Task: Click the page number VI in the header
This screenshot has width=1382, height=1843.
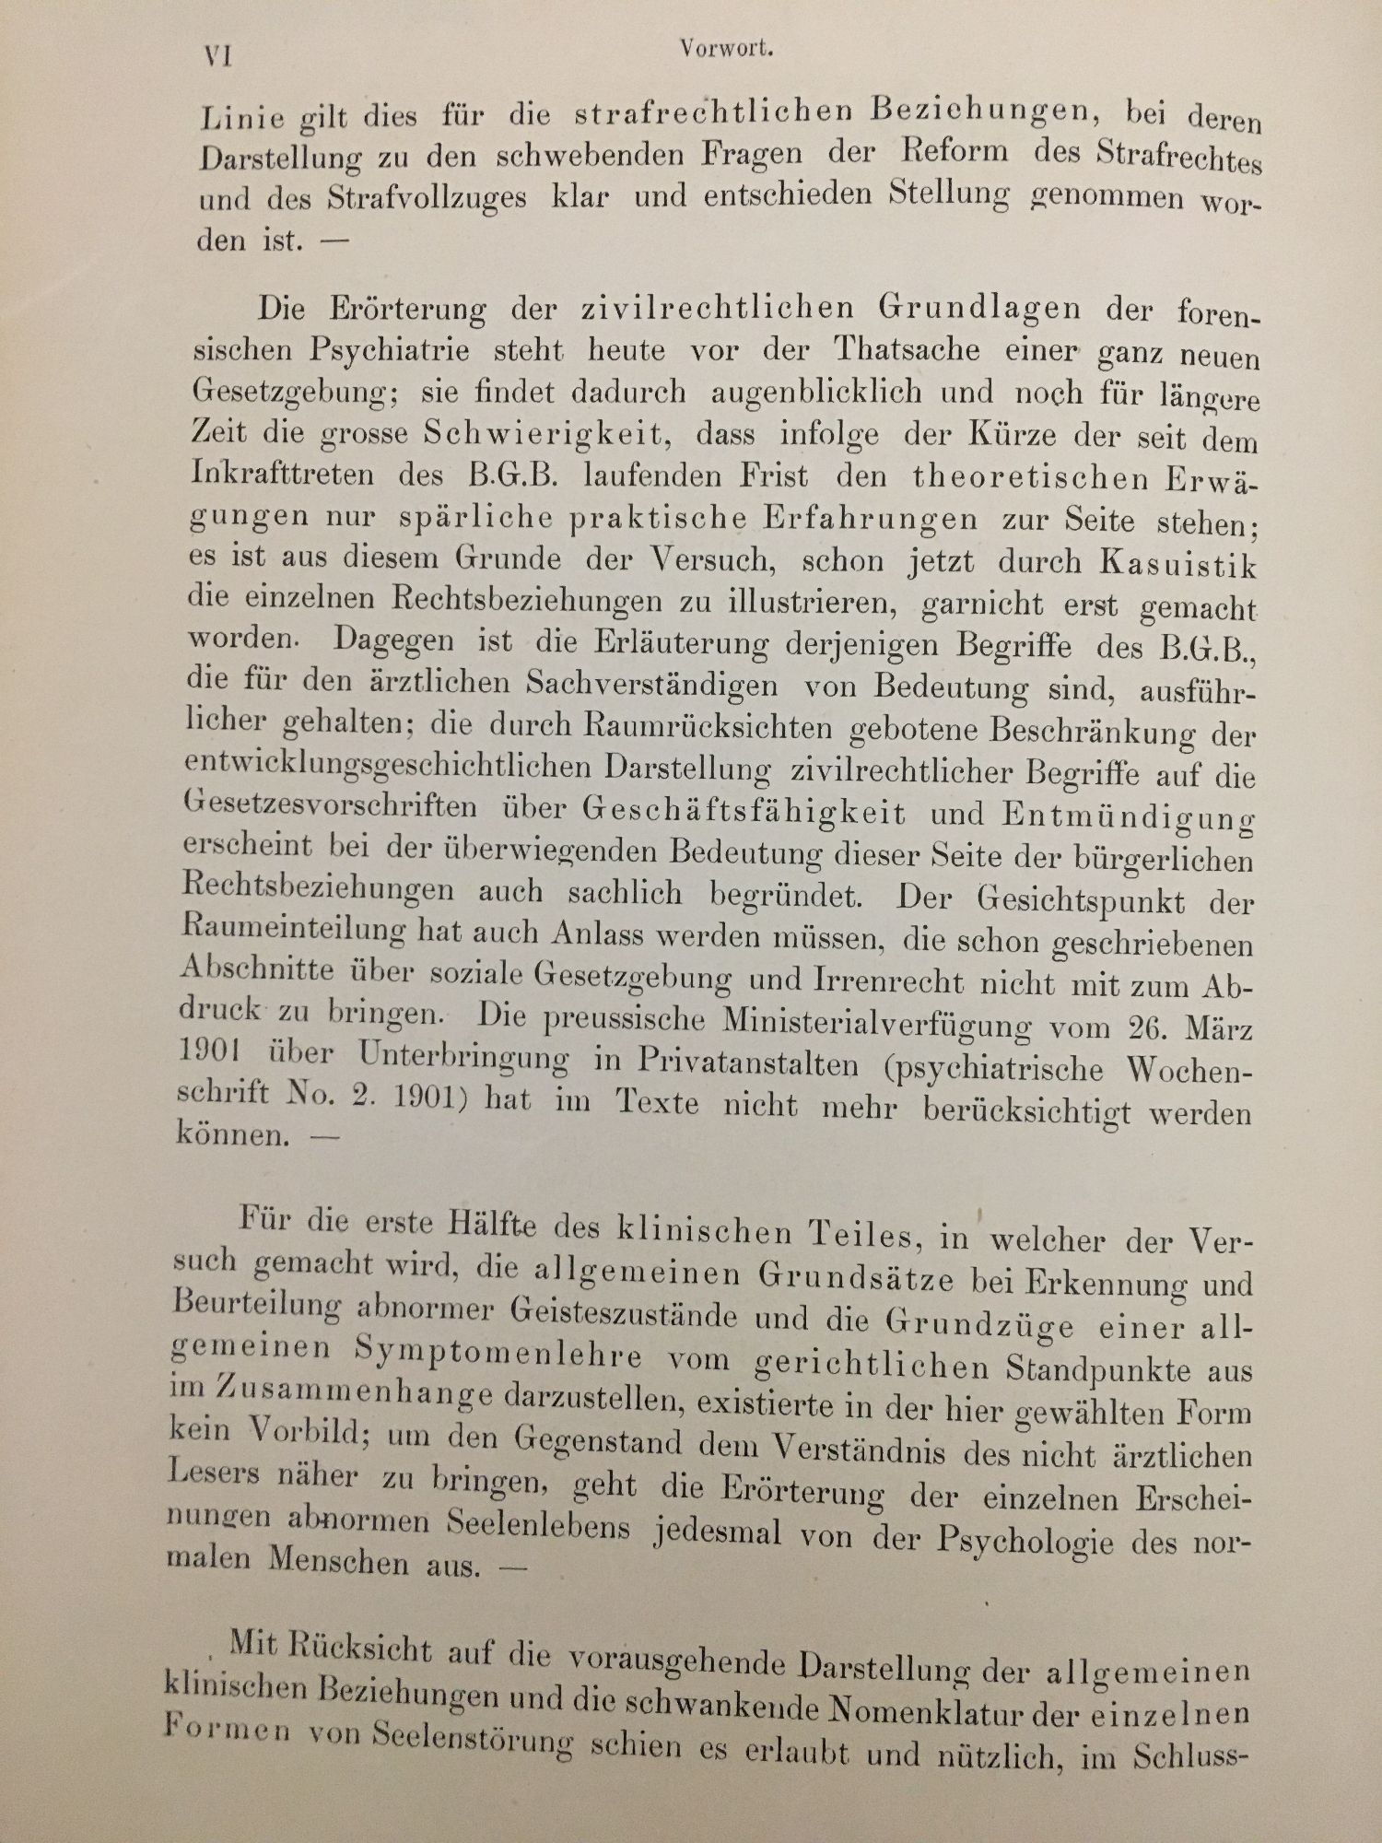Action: (x=217, y=56)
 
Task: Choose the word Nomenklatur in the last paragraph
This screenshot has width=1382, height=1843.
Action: (x=929, y=1711)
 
